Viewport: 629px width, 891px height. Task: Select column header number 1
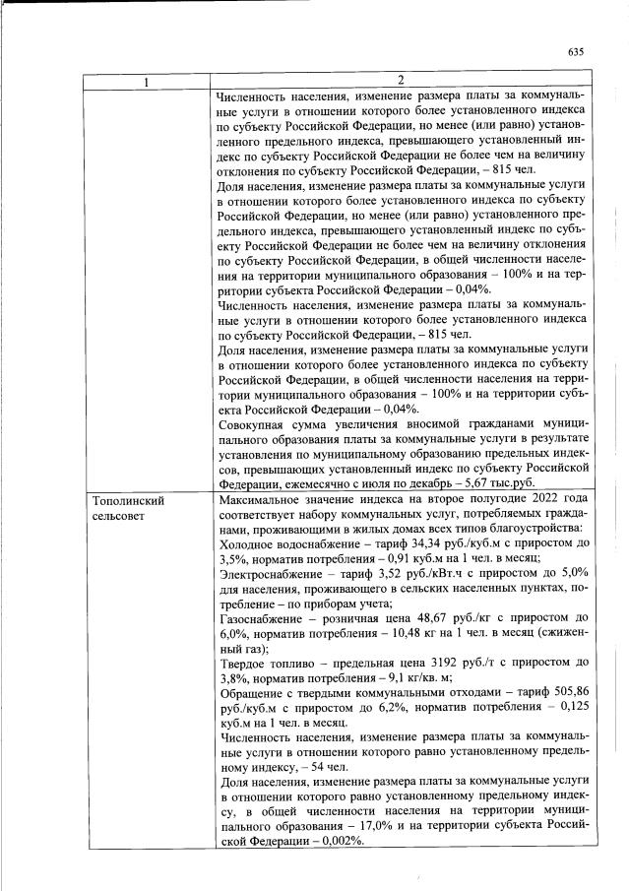[147, 81]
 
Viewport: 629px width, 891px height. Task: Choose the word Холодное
[251, 544]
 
